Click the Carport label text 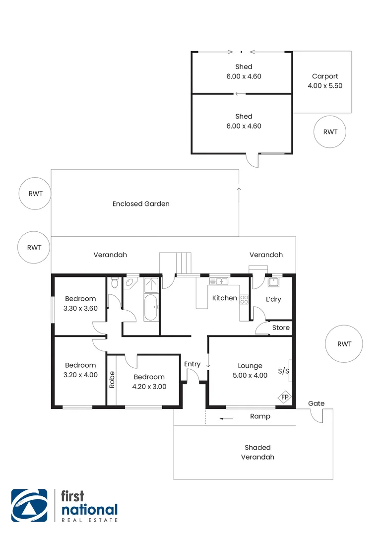tap(325, 76)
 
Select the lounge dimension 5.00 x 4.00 tap(250, 375)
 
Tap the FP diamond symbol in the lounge tap(284, 397)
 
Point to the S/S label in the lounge tap(283, 371)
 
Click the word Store tap(281, 328)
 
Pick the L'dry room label tap(274, 299)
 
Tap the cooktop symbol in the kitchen tap(244, 299)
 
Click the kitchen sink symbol tap(218, 282)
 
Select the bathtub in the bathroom tap(151, 308)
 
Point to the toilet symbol tap(115, 283)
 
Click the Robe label tap(112, 380)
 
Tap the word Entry tap(192, 364)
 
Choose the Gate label tap(316, 403)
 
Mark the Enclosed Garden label tap(141, 203)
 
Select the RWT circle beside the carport tap(330, 132)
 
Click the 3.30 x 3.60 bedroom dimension tap(80, 308)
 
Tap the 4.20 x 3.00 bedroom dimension tap(149, 387)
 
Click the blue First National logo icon tap(29, 506)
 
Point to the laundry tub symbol tap(273, 283)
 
